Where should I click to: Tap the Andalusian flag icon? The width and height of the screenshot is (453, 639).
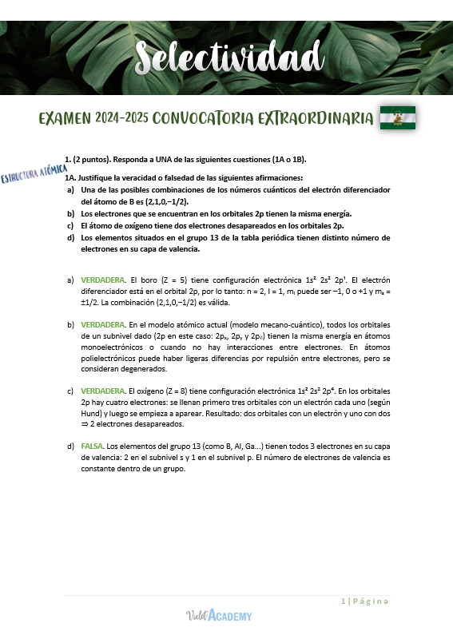tap(397, 118)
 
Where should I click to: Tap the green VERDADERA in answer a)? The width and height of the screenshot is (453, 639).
tap(103, 280)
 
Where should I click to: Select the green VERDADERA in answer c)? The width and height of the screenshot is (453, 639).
tap(103, 391)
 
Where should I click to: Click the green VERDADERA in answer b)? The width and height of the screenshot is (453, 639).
tap(103, 325)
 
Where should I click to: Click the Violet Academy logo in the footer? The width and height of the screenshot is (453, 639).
tap(218, 615)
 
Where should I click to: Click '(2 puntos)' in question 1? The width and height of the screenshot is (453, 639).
tap(93, 159)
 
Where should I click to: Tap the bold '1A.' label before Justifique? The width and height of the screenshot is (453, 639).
tap(71, 177)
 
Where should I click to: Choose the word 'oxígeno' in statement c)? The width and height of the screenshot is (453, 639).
tap(132, 226)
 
